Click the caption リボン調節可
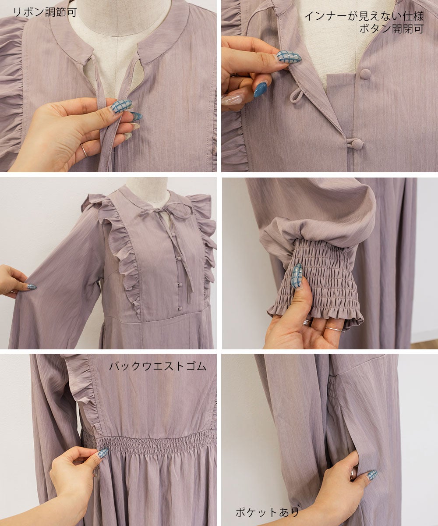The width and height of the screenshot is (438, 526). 45,12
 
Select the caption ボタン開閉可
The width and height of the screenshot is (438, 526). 392,29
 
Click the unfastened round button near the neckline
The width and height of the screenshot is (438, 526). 365,74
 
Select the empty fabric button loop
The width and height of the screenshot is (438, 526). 297,97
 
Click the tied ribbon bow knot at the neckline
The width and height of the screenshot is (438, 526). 158,210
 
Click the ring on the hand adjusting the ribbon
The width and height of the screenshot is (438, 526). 84,150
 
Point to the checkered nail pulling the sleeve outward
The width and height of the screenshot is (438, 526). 32,286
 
